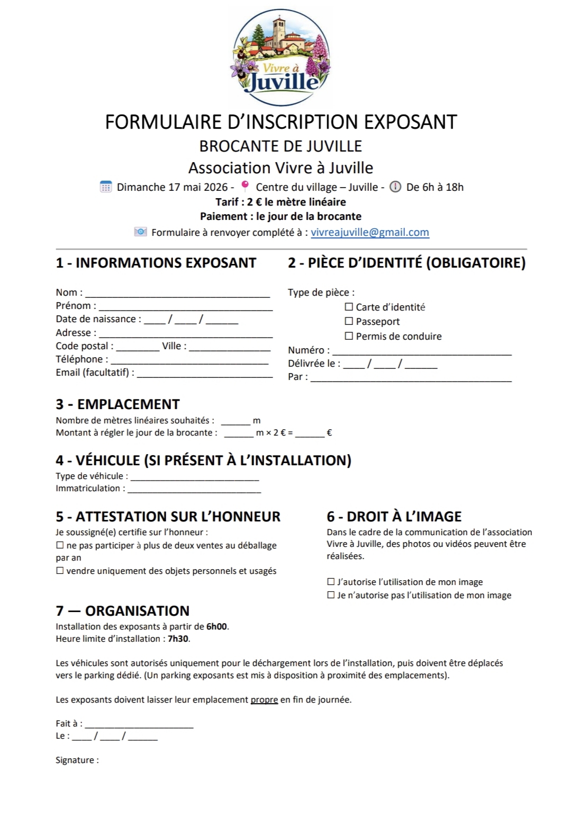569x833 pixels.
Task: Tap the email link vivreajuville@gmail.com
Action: [x=369, y=232]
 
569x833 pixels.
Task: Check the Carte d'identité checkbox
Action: [x=349, y=307]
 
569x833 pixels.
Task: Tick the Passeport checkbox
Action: [x=349, y=321]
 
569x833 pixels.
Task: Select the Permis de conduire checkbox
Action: [x=349, y=336]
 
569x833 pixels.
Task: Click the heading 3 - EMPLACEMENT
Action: [x=118, y=404]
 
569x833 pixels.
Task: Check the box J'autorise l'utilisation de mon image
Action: [x=331, y=582]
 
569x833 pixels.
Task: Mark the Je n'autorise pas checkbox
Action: [x=331, y=595]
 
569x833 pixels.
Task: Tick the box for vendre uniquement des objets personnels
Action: [x=60, y=571]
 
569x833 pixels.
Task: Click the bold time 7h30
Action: [x=178, y=639]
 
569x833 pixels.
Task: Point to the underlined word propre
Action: [x=264, y=699]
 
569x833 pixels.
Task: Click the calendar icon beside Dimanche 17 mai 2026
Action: [x=106, y=187]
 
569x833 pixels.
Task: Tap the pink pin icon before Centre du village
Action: [x=245, y=186]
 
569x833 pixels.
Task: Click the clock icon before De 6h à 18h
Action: [x=395, y=187]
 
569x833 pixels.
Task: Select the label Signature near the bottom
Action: [x=77, y=760]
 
